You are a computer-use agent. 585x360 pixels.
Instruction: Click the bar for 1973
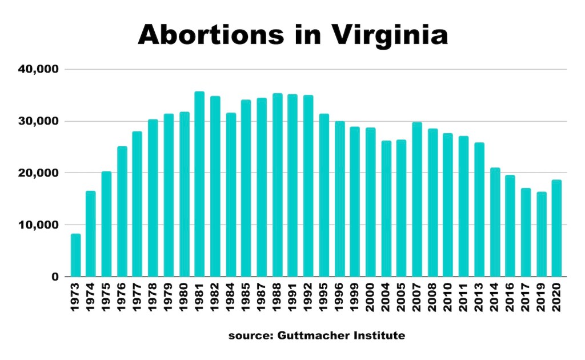pyautogui.click(x=75, y=255)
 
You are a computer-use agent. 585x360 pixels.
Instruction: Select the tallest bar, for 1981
pyautogui.click(x=199, y=184)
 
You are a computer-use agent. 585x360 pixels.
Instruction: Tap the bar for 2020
pyautogui.click(x=556, y=228)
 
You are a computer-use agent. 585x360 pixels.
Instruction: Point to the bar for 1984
pyautogui.click(x=231, y=194)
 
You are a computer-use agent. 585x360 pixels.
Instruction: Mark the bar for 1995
pyautogui.click(x=324, y=195)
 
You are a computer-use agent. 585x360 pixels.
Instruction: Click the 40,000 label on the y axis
pyautogui.click(x=38, y=70)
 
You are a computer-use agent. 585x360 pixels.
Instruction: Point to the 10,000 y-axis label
pyautogui.click(x=38, y=225)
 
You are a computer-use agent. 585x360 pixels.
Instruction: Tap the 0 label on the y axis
pyautogui.click(x=54, y=277)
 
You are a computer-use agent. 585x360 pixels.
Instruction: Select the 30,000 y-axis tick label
pyautogui.click(x=38, y=122)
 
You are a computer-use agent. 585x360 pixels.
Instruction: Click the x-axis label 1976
pyautogui.click(x=122, y=297)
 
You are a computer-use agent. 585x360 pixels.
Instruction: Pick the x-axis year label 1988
pyautogui.click(x=278, y=297)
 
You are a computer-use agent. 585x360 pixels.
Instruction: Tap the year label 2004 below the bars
pyautogui.click(x=386, y=297)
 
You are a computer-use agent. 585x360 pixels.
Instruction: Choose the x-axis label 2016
pyautogui.click(x=510, y=297)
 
